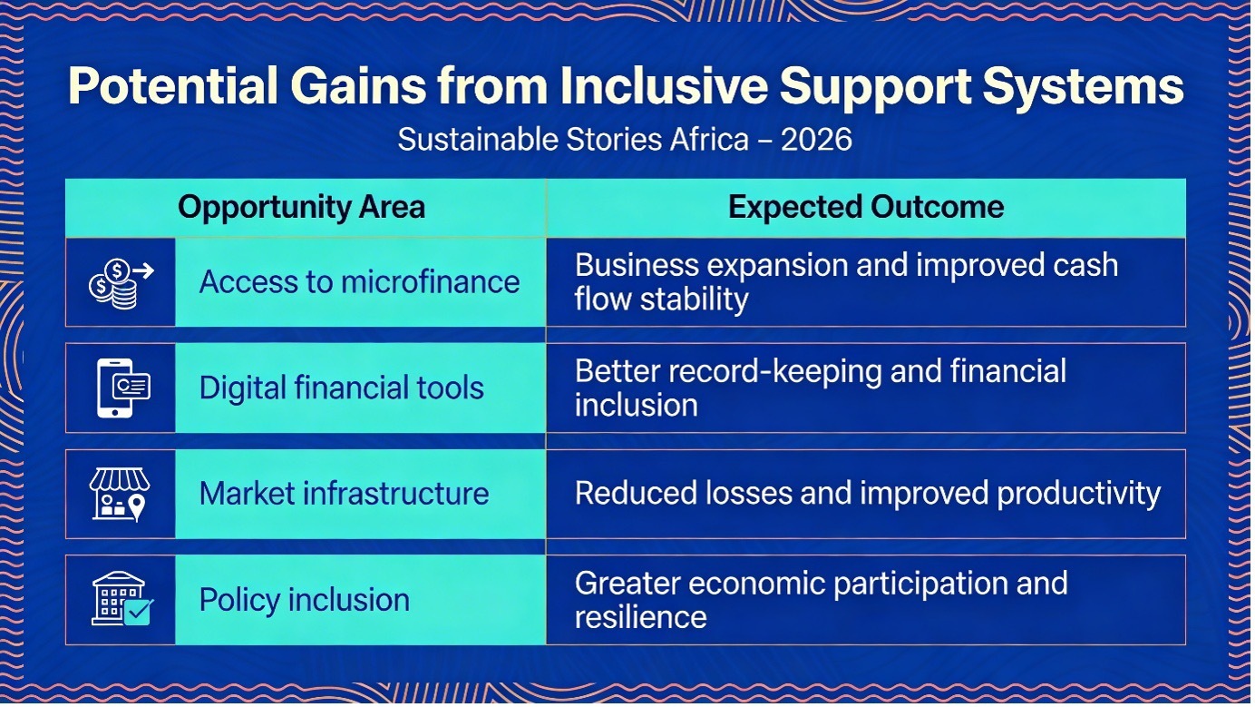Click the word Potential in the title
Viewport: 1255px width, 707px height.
(172, 86)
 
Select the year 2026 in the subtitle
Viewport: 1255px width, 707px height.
(816, 139)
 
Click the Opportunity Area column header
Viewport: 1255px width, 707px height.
(301, 207)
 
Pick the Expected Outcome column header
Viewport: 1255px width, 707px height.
(866, 207)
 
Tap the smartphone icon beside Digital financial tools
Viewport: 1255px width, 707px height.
(123, 388)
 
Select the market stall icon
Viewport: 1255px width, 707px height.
(120, 495)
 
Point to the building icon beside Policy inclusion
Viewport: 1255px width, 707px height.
(122, 599)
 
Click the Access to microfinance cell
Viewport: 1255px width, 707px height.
(360, 281)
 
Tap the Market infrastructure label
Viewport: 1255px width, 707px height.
(344, 494)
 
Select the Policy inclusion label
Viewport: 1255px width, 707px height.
(304, 600)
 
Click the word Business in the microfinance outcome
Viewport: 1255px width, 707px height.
(637, 265)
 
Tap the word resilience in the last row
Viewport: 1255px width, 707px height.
(640, 617)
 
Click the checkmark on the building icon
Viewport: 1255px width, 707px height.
(139, 611)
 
